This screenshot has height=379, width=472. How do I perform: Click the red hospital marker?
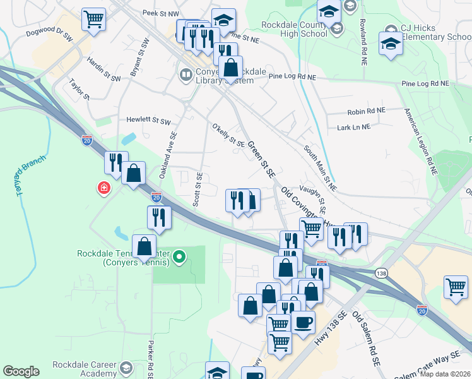[102, 188]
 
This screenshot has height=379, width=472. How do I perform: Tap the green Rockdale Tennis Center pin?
[179, 256]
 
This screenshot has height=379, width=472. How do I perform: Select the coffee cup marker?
[303, 322]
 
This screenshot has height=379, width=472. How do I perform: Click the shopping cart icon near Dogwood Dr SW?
[93, 19]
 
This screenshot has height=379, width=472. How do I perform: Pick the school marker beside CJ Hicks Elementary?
[391, 45]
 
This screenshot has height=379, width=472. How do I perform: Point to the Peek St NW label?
[160, 13]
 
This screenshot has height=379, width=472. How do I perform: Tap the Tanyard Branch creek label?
[23, 176]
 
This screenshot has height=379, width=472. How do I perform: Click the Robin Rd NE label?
[366, 111]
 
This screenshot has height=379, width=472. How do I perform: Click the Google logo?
[21, 371]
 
